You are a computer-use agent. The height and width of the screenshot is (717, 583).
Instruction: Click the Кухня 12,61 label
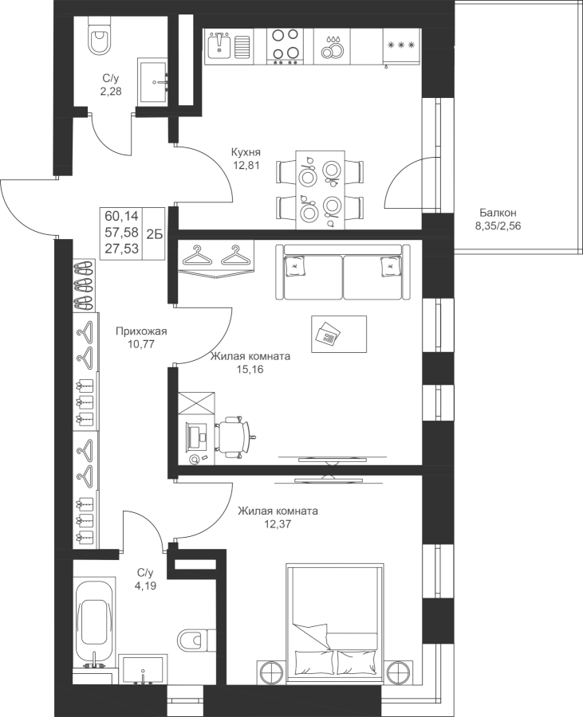pyautogui.click(x=246, y=159)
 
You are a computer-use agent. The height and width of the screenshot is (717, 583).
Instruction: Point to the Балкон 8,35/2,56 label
pyautogui.click(x=498, y=219)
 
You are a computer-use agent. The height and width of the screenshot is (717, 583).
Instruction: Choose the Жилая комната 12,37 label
pyautogui.click(x=278, y=517)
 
